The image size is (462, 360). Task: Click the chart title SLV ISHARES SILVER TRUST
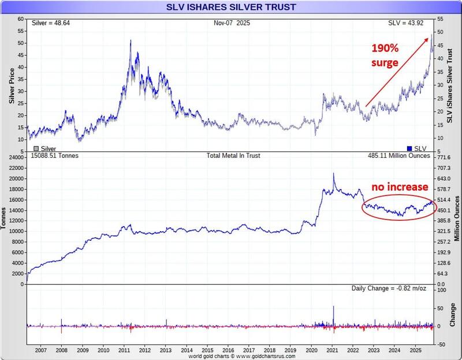coord(231,7)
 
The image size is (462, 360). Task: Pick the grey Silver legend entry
coord(41,148)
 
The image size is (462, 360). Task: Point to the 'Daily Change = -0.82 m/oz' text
coord(390,288)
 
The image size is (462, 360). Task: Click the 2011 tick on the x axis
coord(124,350)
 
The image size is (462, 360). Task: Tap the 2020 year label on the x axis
coord(311,350)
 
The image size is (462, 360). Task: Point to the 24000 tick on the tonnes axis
coord(16,157)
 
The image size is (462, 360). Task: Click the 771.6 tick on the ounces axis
coord(443,157)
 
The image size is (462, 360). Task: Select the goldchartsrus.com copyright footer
coord(230,357)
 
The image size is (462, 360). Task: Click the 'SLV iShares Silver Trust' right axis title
coord(450,87)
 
